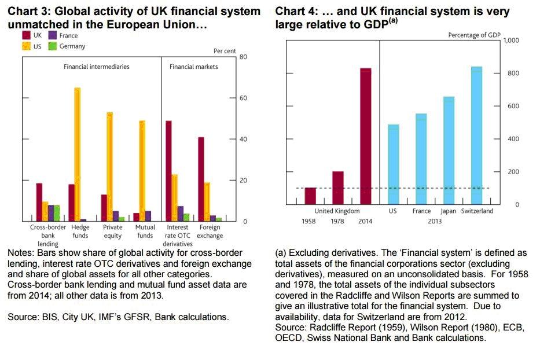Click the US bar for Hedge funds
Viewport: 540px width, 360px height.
click(78, 154)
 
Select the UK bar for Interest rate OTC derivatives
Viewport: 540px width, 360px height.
click(168, 171)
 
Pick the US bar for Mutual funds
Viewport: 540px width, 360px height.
click(142, 171)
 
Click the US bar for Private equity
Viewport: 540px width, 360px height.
click(110, 167)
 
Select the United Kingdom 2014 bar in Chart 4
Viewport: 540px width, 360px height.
click(365, 136)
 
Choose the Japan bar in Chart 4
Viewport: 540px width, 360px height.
click(449, 150)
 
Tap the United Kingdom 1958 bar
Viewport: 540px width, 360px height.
click(310, 196)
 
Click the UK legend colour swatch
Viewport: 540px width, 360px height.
click(27, 36)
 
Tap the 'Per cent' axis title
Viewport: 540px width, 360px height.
click(225, 51)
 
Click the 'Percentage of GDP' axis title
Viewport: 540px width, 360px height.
click(474, 35)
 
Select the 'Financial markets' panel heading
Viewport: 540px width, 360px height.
click(193, 67)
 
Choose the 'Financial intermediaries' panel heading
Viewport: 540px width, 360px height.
click(96, 67)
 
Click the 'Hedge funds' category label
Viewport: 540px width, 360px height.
click(80, 232)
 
